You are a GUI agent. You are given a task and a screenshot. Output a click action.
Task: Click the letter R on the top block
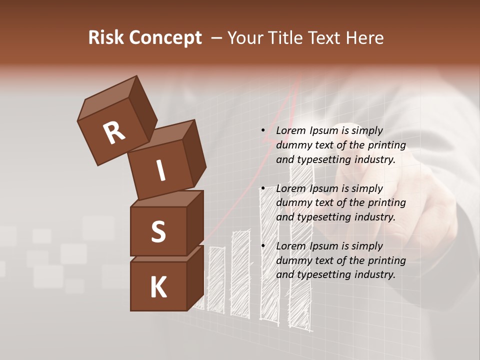(x=114, y=133)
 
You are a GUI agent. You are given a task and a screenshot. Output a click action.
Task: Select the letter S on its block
(x=158, y=231)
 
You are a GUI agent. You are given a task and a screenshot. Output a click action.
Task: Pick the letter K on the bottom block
(x=158, y=287)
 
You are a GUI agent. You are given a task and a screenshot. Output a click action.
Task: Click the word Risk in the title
(x=106, y=37)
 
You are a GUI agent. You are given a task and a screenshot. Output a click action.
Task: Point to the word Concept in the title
(x=164, y=38)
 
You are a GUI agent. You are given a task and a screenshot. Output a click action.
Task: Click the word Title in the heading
(x=285, y=37)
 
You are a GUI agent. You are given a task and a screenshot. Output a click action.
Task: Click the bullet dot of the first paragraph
(x=263, y=130)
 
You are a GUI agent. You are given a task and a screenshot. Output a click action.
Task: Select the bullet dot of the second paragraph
(x=263, y=188)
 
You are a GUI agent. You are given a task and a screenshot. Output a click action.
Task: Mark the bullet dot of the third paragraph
(x=263, y=246)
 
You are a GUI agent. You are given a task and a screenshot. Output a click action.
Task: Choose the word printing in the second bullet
(x=387, y=202)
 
